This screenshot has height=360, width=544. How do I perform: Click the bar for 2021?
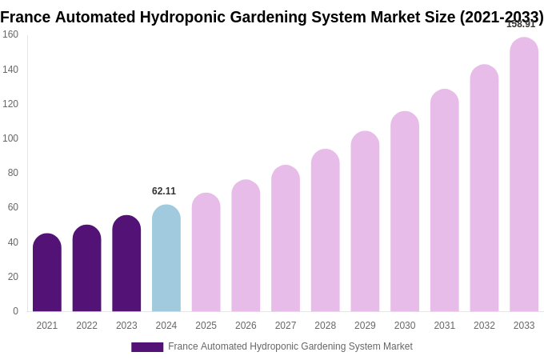click(47, 273)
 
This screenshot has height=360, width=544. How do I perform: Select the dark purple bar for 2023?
click(126, 264)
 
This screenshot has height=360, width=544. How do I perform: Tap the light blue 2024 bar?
click(166, 258)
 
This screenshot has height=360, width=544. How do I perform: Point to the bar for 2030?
click(405, 212)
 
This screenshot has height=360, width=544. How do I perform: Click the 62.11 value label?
click(164, 191)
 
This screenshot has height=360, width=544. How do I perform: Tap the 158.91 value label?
click(521, 24)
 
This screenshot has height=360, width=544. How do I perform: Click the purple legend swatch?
click(147, 347)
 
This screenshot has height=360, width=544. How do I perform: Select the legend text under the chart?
click(290, 346)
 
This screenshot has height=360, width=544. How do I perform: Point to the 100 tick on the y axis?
click(10, 138)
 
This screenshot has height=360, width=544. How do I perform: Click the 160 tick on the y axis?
click(10, 34)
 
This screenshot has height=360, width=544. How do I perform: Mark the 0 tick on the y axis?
click(15, 311)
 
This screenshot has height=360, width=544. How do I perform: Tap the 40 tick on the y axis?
click(13, 242)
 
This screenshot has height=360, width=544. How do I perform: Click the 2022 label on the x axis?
click(86, 326)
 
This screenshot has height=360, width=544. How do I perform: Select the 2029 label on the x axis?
click(365, 326)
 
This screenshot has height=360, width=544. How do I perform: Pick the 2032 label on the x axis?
click(484, 326)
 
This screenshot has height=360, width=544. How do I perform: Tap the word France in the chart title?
click(25, 17)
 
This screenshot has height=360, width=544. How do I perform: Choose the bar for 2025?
click(206, 253)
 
